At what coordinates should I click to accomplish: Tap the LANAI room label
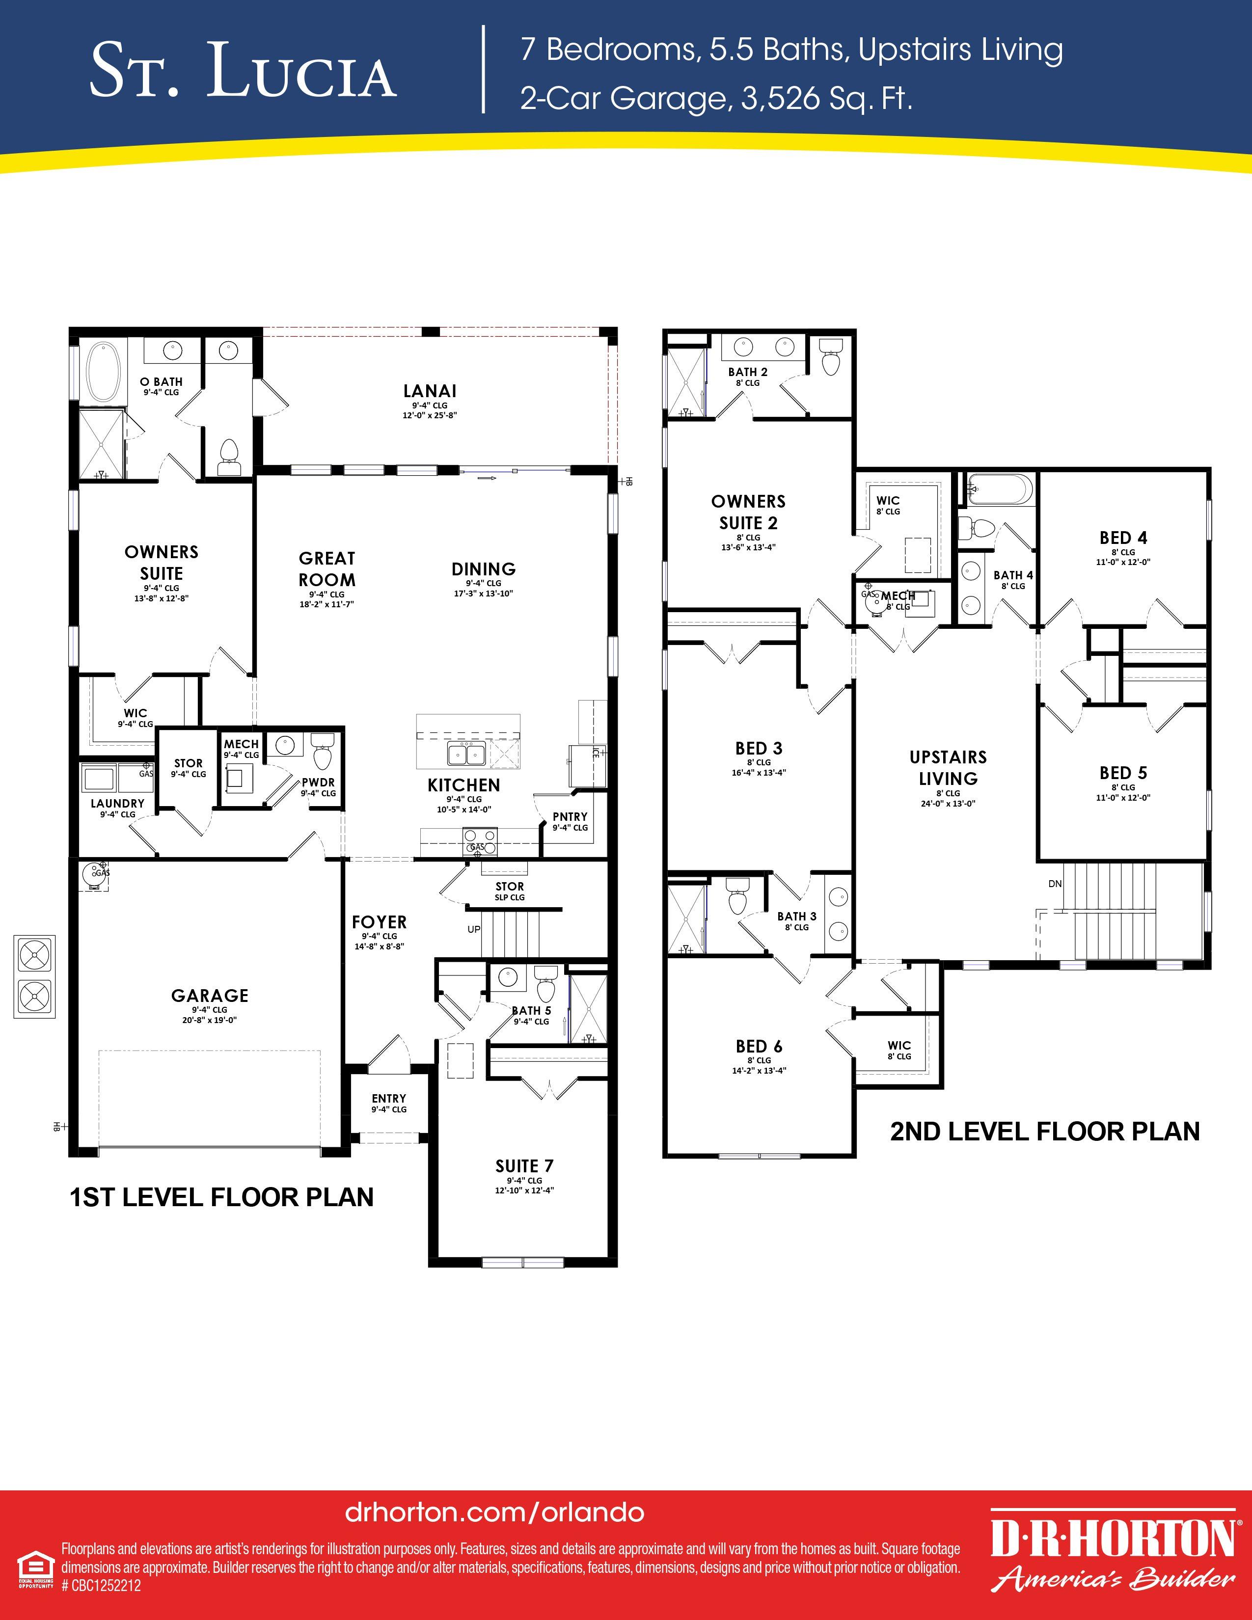pos(430,391)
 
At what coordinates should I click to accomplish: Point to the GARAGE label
pos(210,996)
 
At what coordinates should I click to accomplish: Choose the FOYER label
pos(379,922)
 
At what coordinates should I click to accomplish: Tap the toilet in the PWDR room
pos(322,752)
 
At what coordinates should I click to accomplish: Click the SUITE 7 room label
pos(524,1166)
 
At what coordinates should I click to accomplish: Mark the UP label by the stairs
pos(474,929)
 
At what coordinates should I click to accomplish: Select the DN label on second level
pos(1056,884)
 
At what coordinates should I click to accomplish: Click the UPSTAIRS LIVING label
pos(948,768)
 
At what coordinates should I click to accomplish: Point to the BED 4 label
pos(1124,538)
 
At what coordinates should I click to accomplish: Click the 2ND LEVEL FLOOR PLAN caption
pos(1044,1131)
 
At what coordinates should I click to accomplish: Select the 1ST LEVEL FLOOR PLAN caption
pos(221,1197)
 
